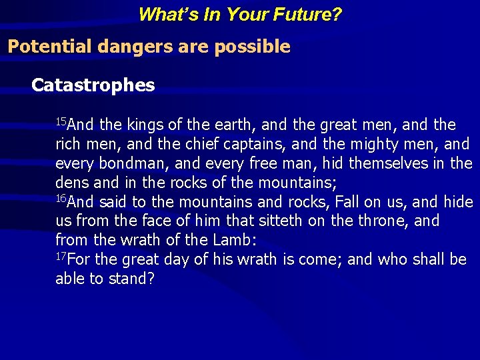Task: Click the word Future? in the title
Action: (x=307, y=14)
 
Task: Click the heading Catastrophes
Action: (x=93, y=85)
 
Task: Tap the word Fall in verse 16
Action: (x=347, y=202)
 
